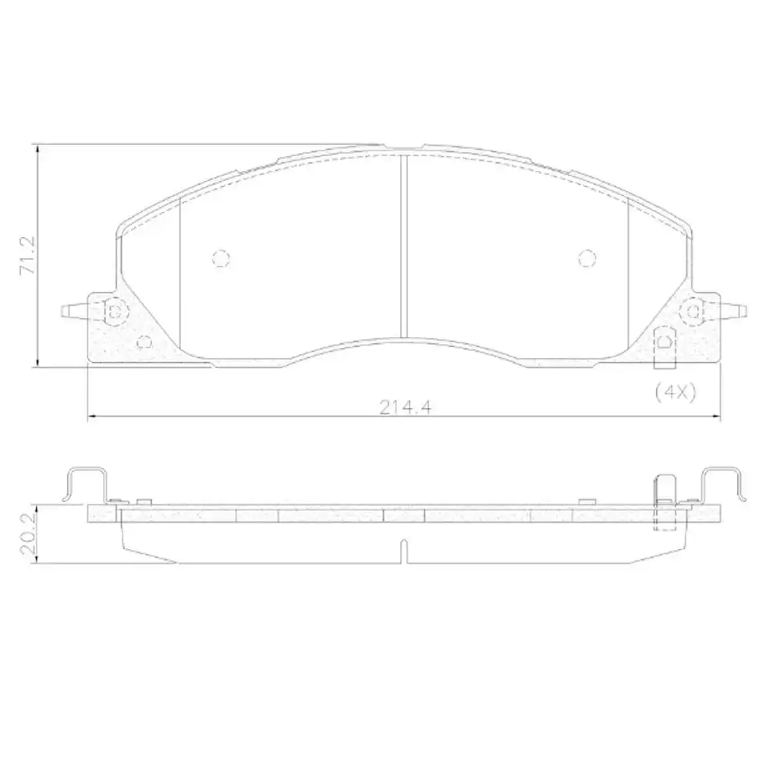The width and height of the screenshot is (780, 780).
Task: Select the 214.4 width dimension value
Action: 406,406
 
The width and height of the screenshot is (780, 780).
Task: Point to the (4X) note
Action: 675,392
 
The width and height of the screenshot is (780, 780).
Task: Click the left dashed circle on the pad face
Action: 222,258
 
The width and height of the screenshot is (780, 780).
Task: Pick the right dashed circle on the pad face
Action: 587,257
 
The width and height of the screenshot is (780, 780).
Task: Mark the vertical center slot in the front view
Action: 403,246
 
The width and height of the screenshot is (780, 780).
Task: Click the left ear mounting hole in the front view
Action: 115,312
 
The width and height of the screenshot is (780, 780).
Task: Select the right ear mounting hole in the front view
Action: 691,312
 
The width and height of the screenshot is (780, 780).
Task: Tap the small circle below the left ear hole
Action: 143,341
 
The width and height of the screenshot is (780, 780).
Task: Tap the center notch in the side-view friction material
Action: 402,550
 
